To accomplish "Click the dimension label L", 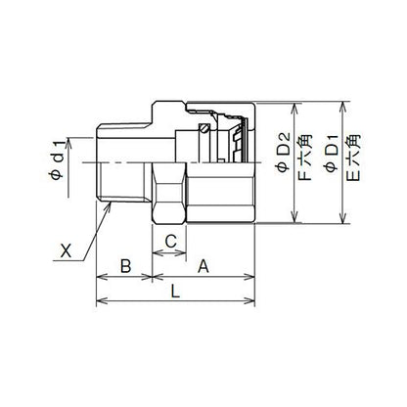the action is [x=176, y=292].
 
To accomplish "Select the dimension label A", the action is [x=203, y=266].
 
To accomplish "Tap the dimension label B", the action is [x=125, y=266].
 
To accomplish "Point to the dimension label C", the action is [x=170, y=242].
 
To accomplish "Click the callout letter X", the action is [x=67, y=251].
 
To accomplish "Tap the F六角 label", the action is [x=305, y=158].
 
